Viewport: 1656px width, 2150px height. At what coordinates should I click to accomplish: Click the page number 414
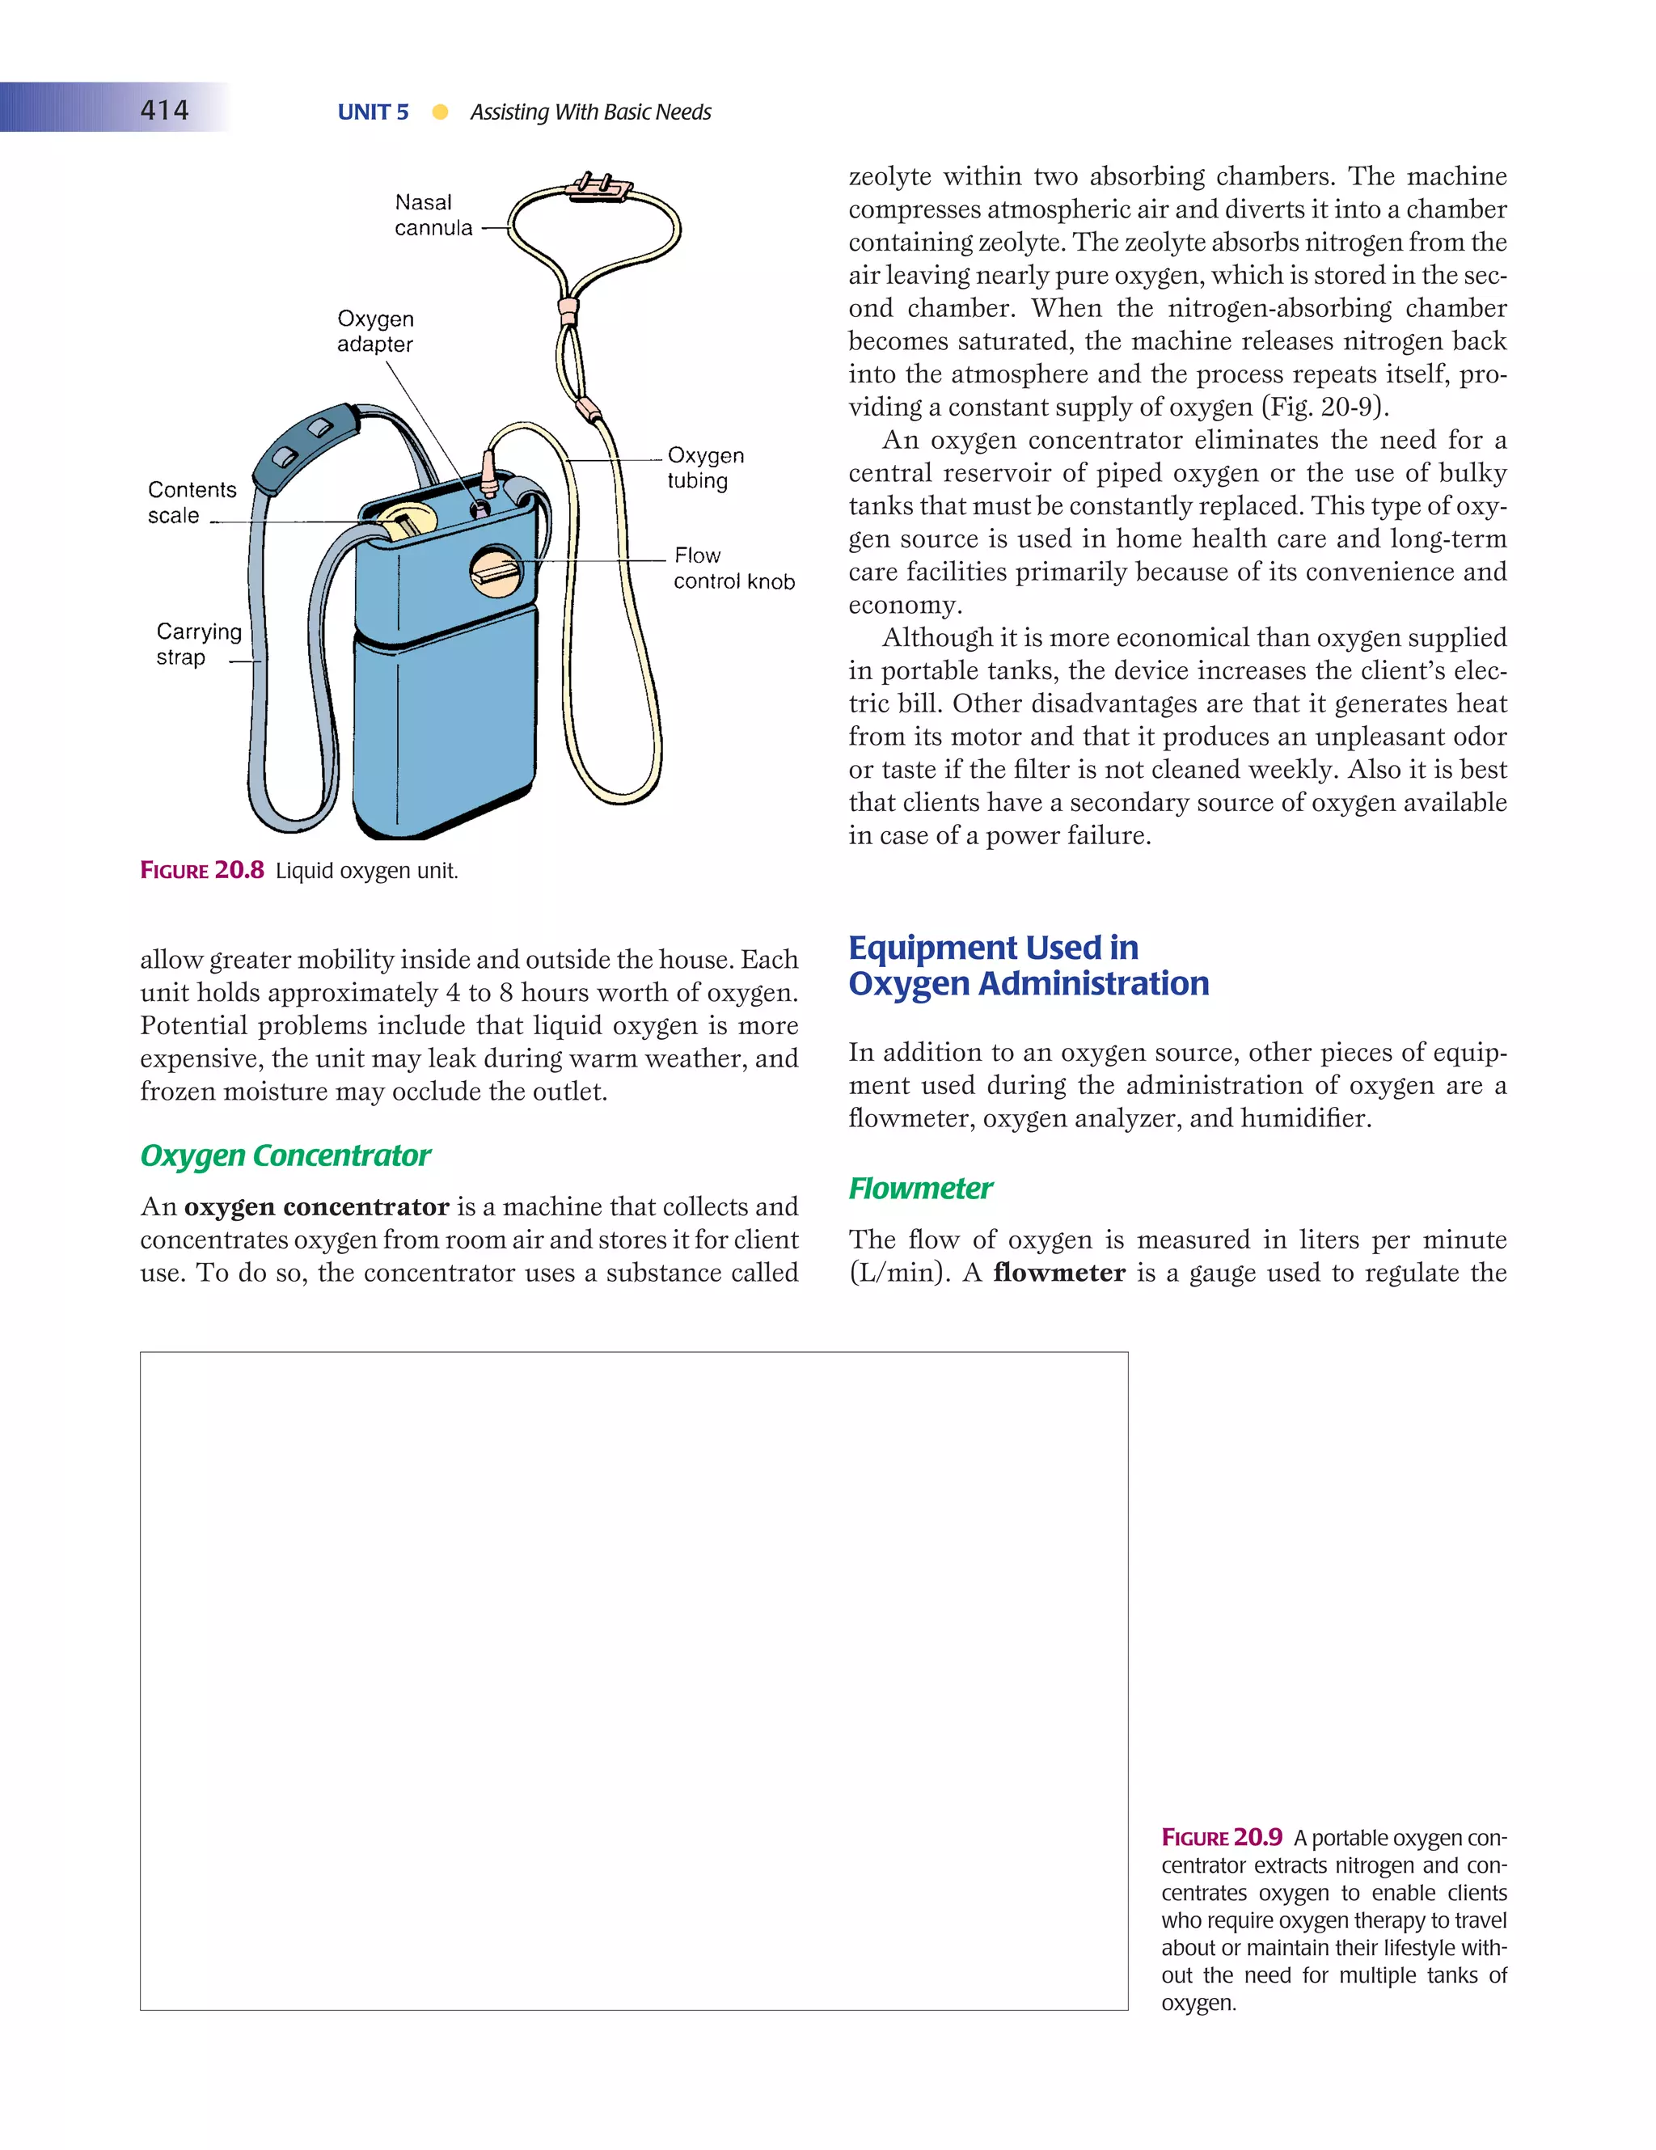click(x=164, y=109)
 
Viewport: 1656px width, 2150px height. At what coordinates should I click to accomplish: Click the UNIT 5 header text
click(x=372, y=112)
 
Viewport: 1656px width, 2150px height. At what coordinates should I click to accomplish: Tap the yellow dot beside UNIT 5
click(x=440, y=112)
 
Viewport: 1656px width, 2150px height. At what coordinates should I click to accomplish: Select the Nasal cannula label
click(x=433, y=214)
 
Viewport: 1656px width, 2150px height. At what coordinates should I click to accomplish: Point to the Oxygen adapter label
click(x=375, y=331)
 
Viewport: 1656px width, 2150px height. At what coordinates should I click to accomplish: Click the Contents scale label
click(x=191, y=502)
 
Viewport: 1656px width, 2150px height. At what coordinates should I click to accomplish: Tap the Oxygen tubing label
click(x=704, y=467)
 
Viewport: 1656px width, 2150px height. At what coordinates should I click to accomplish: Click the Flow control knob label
click(x=733, y=568)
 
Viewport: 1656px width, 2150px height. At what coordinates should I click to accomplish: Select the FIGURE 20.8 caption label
click(x=202, y=870)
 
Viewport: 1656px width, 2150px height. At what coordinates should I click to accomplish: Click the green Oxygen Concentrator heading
click(x=285, y=1155)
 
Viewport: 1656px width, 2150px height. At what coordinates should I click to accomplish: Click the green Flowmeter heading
click(x=919, y=1189)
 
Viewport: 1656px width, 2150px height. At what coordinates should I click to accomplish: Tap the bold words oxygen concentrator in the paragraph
click(x=316, y=1207)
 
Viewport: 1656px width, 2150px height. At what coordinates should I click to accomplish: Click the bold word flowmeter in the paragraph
click(x=1058, y=1273)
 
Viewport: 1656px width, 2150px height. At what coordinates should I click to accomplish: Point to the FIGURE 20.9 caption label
click(x=1221, y=1837)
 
